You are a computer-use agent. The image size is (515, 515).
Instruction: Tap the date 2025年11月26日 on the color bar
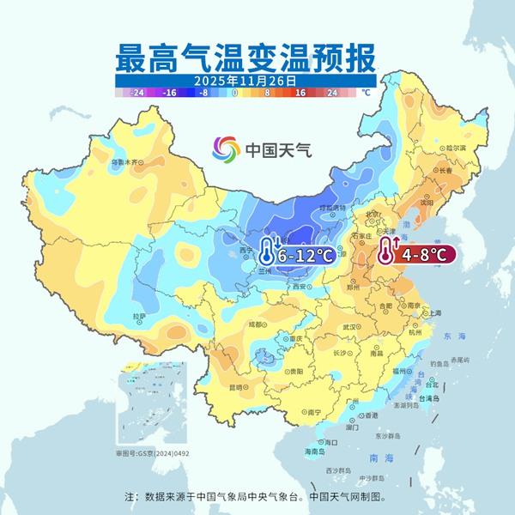click(x=246, y=79)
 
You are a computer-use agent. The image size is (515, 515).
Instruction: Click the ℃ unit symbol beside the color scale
click(x=365, y=92)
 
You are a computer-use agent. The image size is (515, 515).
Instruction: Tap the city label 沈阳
click(x=426, y=204)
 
